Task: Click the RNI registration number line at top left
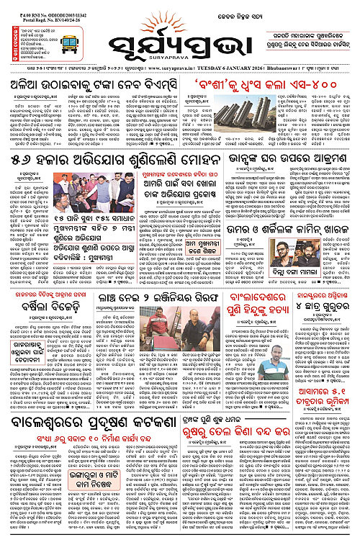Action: (33, 6)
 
